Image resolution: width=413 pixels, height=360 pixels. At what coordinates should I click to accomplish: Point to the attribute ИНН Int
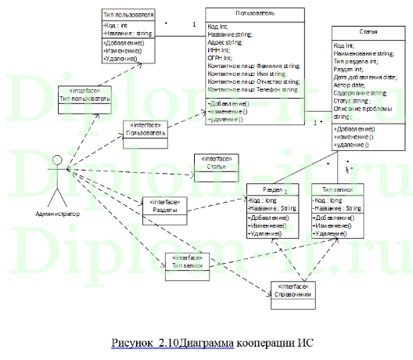point(220,50)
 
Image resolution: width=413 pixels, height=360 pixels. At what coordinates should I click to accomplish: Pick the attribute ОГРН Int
point(221,58)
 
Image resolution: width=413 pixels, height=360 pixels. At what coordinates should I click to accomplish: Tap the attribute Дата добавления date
point(365,77)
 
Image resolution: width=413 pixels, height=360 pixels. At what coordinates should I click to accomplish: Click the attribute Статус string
point(354,100)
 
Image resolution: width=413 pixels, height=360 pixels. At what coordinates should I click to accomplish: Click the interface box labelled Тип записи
point(182,262)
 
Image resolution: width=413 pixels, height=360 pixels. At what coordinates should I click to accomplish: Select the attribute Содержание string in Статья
point(361,92)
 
